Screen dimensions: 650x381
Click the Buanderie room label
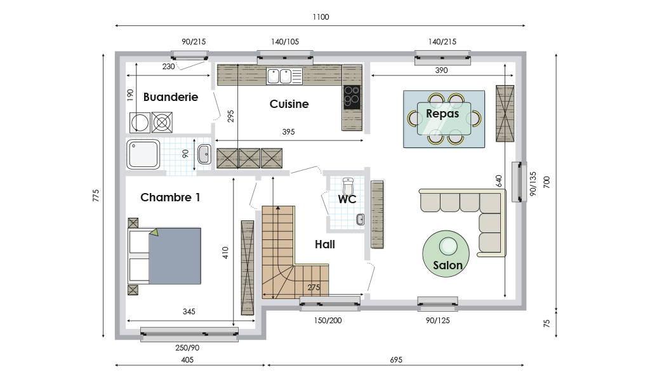pos(170,97)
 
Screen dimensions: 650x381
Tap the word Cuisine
pos(289,104)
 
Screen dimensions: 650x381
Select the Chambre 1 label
pos(170,197)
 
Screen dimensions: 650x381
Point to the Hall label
pos(324,244)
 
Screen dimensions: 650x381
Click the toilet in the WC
pos(348,186)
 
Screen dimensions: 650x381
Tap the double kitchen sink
pos(279,76)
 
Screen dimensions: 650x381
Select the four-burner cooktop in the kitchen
pos(352,97)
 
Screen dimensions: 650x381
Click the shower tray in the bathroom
pos(143,154)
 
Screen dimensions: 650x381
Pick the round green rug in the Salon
pos(446,254)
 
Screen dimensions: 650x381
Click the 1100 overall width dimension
pos(321,17)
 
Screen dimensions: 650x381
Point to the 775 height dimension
pos(96,196)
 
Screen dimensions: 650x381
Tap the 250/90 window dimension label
pos(187,348)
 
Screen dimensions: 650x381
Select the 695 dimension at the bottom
pos(396,360)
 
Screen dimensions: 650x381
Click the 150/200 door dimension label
pos(328,321)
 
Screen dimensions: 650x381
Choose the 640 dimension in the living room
pos(499,181)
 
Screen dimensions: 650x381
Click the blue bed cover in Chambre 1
pos(175,256)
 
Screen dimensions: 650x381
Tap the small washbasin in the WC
pos(361,220)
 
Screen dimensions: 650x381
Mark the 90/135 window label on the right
pos(533,184)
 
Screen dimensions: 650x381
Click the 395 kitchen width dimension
pos(289,132)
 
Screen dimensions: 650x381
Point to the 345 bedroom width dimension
pos(189,311)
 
